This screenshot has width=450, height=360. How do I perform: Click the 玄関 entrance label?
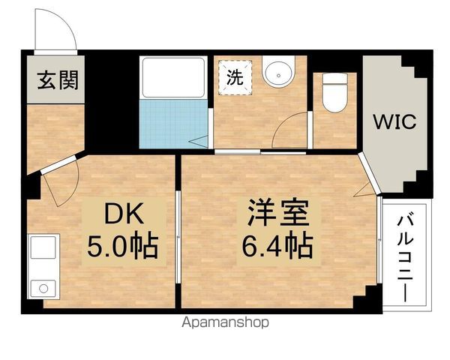point(53,78)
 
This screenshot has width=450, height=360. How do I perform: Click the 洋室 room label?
point(274,213)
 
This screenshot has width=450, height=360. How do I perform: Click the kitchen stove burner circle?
point(40,287)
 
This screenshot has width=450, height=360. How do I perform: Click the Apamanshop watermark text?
point(224,323)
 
